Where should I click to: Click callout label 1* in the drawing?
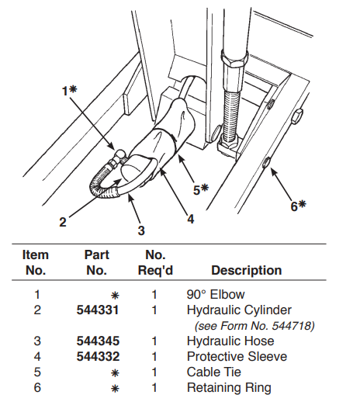pyautogui.click(x=69, y=91)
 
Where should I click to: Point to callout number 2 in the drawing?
pyautogui.click(x=63, y=222)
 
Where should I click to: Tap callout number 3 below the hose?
pyautogui.click(x=141, y=230)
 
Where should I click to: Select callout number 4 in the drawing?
pyautogui.click(x=191, y=219)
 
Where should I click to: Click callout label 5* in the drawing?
pyautogui.click(x=201, y=189)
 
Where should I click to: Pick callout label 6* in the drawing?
pyautogui.click(x=298, y=206)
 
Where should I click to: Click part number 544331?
pyautogui.click(x=98, y=310)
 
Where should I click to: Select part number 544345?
pyautogui.click(x=98, y=341)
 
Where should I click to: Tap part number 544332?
pyautogui.click(x=98, y=357)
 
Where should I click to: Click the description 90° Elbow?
pyautogui.click(x=216, y=295)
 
